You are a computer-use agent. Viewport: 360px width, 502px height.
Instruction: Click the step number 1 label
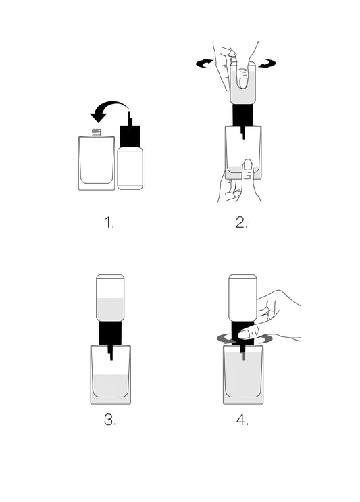click(110, 222)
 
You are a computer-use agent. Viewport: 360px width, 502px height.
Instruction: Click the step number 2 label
click(242, 222)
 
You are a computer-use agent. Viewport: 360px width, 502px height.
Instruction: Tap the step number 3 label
click(110, 420)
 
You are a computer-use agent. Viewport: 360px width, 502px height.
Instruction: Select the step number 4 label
click(242, 420)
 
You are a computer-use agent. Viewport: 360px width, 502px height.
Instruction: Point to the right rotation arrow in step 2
click(268, 64)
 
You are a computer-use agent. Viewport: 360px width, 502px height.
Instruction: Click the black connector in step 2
click(242, 115)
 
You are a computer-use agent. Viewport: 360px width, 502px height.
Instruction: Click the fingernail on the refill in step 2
click(242, 82)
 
